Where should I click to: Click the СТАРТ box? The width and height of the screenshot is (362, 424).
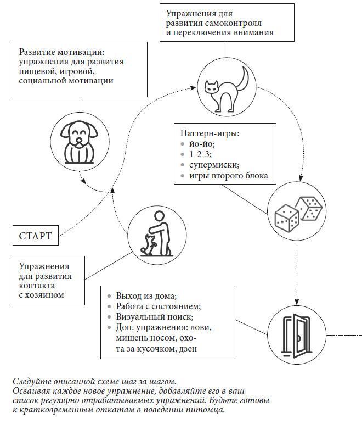click(36, 236)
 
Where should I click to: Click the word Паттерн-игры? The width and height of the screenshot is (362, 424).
click(210, 133)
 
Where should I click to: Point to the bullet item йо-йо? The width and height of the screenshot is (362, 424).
click(201, 144)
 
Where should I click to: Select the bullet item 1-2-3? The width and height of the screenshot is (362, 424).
click(200, 154)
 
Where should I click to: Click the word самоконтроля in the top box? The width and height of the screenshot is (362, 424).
click(234, 23)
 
